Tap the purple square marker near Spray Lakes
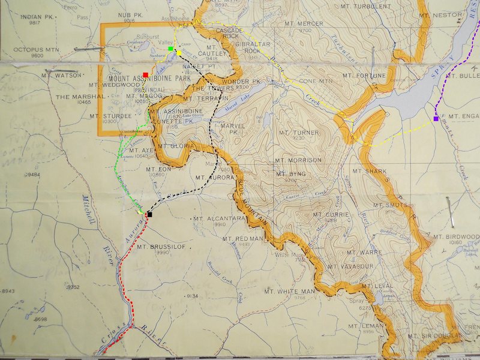point(436,119)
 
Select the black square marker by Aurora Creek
point(149,214)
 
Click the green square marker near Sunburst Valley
point(171,48)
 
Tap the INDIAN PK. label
point(38,16)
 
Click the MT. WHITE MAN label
point(289,292)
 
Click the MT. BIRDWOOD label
point(461,237)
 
